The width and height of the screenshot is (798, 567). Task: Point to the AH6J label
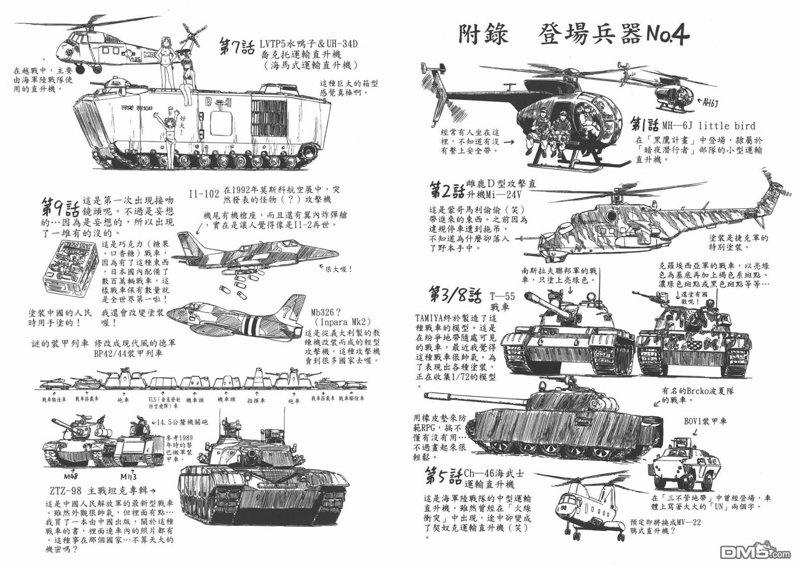tap(711, 103)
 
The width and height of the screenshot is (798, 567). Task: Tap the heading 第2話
tap(446, 191)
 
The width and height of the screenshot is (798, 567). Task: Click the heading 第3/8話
tap(454, 295)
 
